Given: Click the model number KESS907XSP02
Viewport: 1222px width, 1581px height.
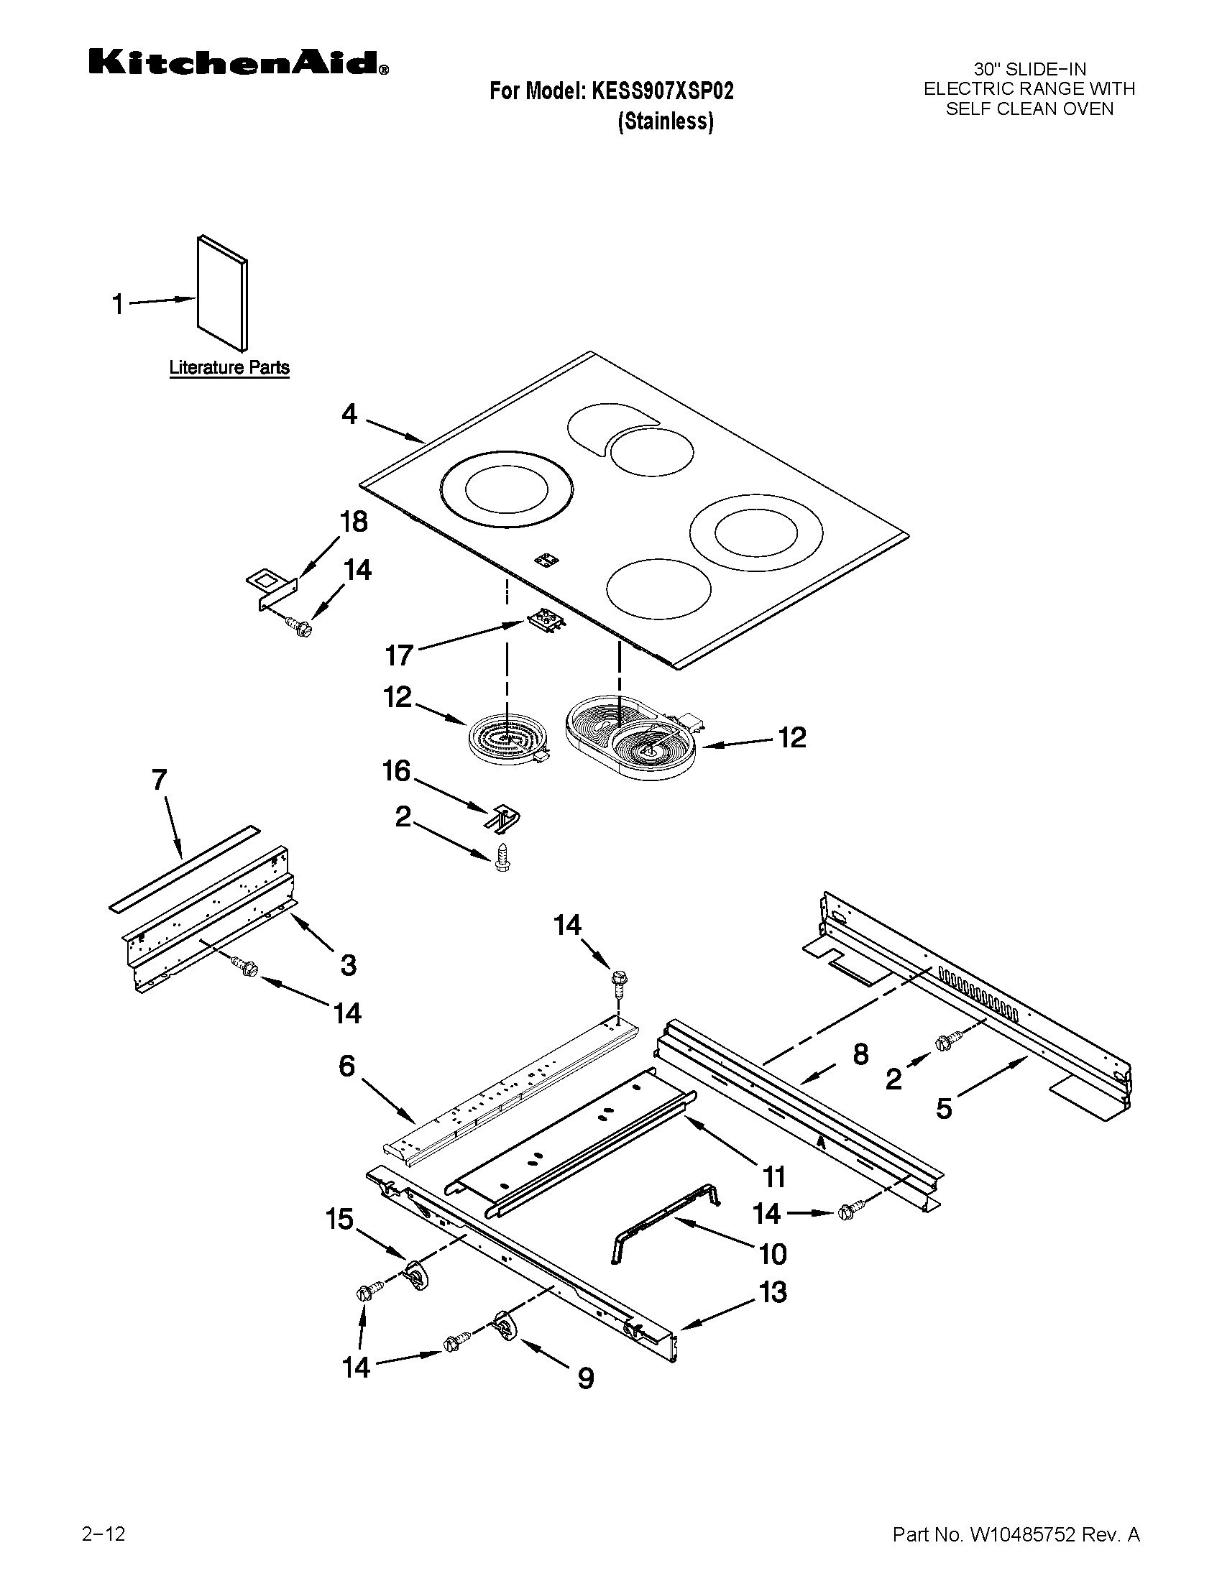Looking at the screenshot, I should tap(663, 91).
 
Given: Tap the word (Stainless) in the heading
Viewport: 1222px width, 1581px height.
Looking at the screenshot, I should tap(666, 121).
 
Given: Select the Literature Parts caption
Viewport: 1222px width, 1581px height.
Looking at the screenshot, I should tap(229, 368).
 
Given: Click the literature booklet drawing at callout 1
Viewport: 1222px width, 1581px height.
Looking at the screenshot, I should tap(222, 292).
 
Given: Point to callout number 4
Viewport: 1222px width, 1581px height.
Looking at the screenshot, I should tap(349, 415).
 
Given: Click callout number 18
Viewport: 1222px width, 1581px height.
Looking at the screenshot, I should tap(353, 522).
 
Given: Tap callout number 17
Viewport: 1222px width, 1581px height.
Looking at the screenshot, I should tap(399, 656).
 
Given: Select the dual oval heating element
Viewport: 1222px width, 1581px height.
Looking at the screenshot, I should tap(630, 737).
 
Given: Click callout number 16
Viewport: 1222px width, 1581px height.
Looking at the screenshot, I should tap(396, 771).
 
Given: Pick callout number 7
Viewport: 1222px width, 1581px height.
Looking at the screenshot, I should tap(160, 780).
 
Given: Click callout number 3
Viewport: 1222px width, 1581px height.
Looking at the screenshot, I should tap(348, 965).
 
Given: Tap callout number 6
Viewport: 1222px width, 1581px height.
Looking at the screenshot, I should tap(346, 1066).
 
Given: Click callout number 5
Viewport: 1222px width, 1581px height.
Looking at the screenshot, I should tap(944, 1108).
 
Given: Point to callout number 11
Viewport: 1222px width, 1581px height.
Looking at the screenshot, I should tap(774, 1178).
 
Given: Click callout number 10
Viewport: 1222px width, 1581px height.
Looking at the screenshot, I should tap(773, 1254).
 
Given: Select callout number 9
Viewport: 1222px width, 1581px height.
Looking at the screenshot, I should tap(586, 1377).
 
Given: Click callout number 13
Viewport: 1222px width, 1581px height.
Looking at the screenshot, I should tap(773, 1292).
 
